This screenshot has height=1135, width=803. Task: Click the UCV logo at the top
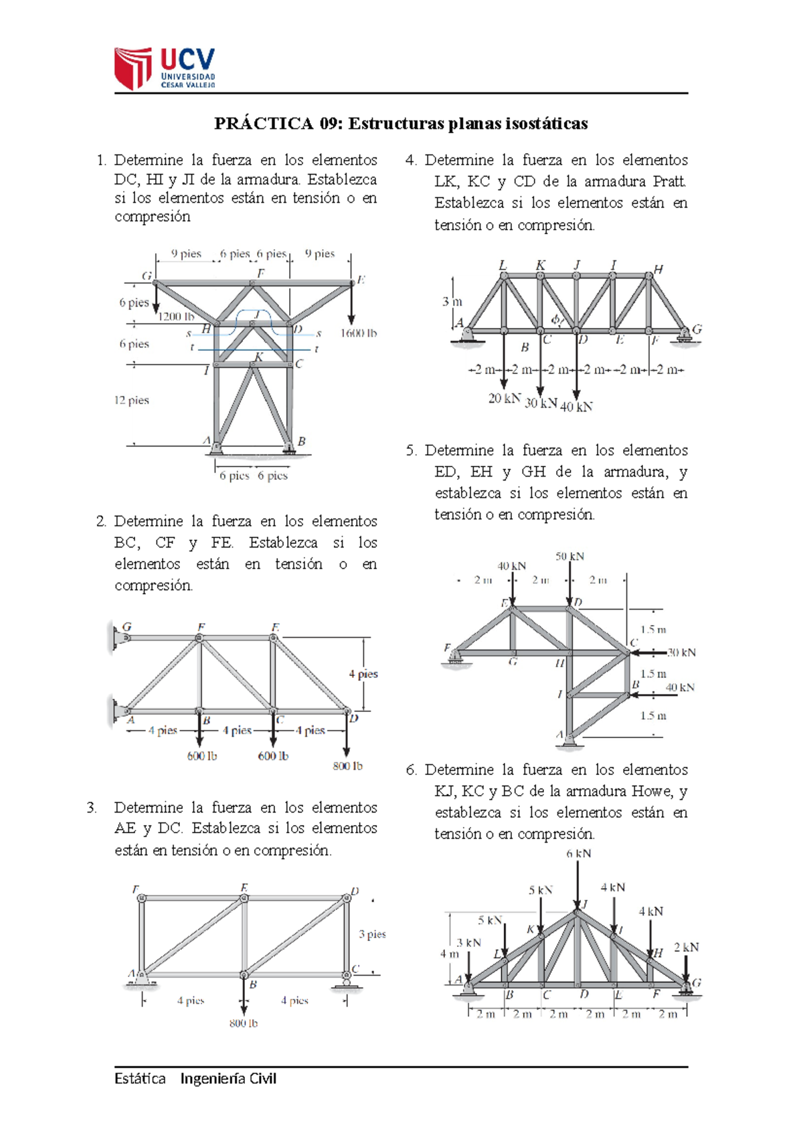pos(165,68)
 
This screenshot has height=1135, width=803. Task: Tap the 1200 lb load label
pos(176,317)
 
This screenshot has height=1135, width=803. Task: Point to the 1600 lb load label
pos(358,333)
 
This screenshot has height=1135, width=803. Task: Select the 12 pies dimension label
pos(131,400)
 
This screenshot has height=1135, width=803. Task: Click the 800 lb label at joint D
pos(347,766)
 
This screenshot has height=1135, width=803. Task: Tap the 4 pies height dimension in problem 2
pos(363,674)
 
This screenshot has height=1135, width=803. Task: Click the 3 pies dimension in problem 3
pos(372,934)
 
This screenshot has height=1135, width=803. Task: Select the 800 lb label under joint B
pos(243,1023)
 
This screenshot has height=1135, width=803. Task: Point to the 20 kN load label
pos(504,398)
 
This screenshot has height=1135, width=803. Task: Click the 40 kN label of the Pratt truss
pos(576,407)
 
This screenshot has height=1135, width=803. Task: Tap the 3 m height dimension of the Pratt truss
pos(452,302)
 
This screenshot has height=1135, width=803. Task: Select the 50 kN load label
pos(569,556)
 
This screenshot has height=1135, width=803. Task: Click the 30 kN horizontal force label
pos(681,652)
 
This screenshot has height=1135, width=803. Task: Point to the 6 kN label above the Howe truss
pos(579,854)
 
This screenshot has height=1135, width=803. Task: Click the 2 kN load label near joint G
pos(686,948)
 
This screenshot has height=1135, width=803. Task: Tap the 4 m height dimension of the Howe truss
pos(449,954)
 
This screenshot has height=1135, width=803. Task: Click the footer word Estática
pos(140,1079)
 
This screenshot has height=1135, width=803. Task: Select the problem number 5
pos(410,450)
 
